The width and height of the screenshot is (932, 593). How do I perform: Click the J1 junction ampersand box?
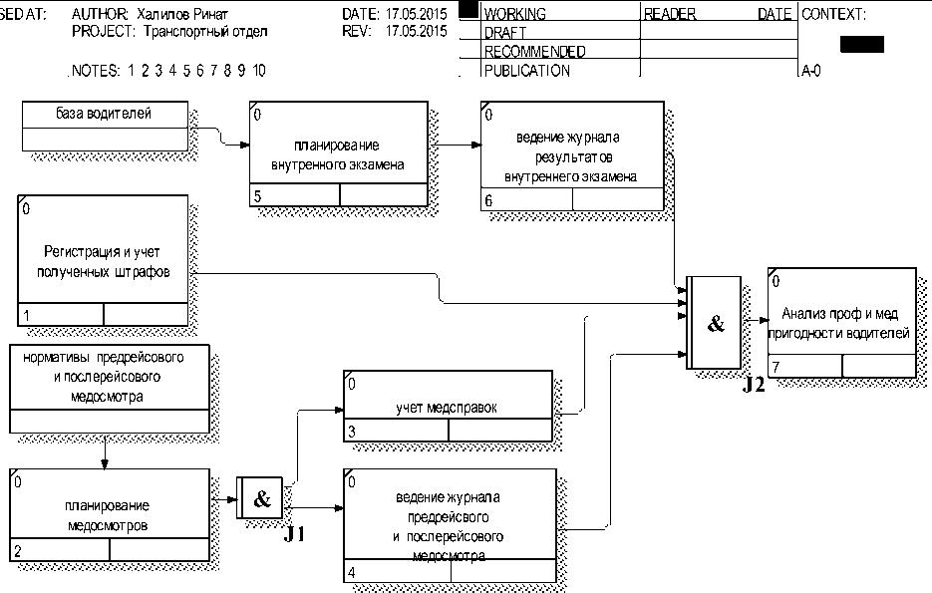tap(261, 498)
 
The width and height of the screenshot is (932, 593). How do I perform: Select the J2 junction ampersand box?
tap(714, 323)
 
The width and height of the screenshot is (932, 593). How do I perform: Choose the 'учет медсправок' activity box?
tap(447, 406)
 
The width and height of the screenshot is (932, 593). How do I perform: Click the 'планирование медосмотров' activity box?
tap(110, 514)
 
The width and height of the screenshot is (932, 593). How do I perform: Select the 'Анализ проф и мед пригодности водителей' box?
tap(841, 322)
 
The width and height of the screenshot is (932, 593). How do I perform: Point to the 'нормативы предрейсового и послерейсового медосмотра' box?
tap(111, 389)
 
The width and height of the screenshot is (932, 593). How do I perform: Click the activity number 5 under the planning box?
tap(258, 196)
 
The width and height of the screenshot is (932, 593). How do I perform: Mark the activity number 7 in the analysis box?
tap(776, 368)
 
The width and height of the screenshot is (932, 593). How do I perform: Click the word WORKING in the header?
tap(514, 15)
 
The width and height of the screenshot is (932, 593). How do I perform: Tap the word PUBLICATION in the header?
tap(526, 71)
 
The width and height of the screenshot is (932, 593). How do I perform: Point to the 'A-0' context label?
tap(811, 71)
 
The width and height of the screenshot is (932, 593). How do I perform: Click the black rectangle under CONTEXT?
tap(862, 44)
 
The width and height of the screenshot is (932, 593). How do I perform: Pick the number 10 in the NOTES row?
tap(259, 71)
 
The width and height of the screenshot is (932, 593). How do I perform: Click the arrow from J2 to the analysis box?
tap(755, 321)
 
